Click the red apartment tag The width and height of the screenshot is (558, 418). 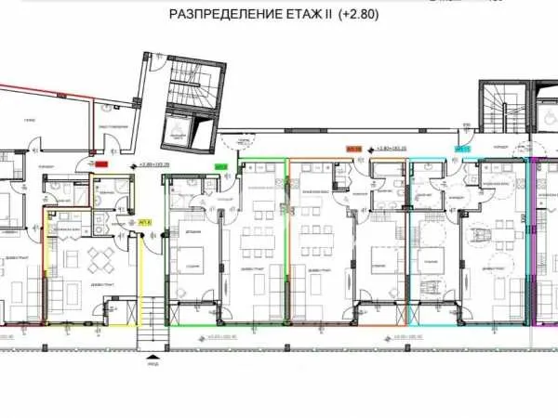point(102,164)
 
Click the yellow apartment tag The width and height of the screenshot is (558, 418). point(145,223)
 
